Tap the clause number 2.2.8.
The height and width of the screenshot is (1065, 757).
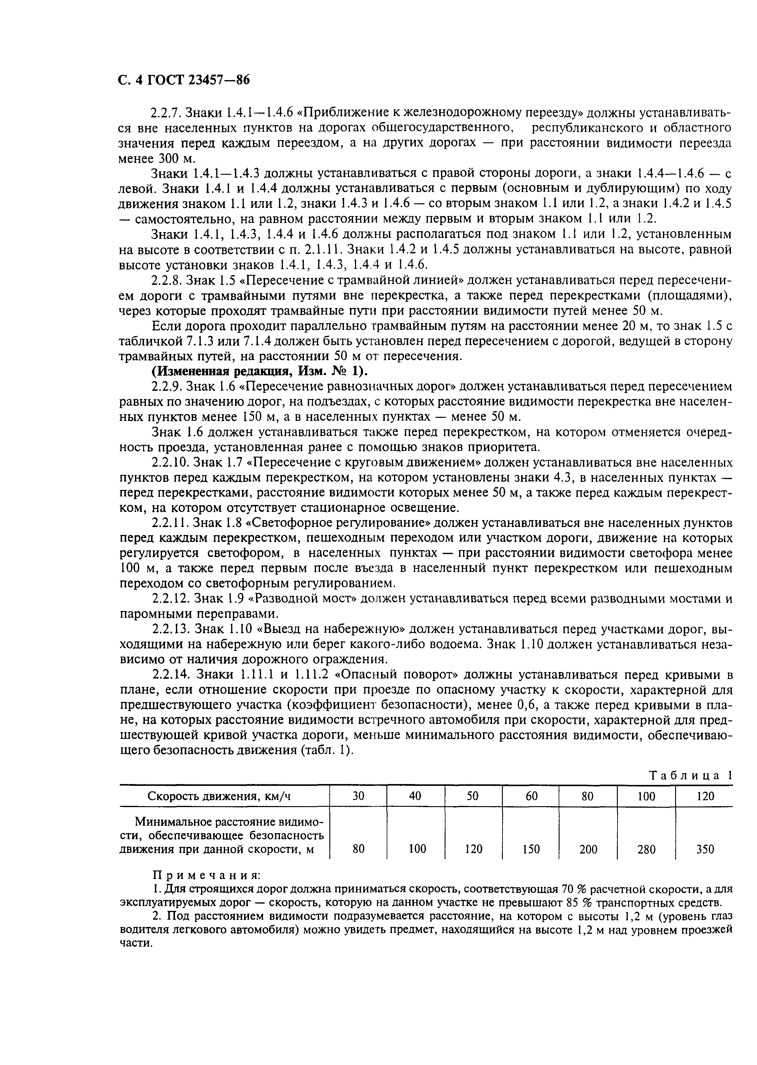[167, 280]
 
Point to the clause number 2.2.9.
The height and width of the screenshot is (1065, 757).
[167, 387]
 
